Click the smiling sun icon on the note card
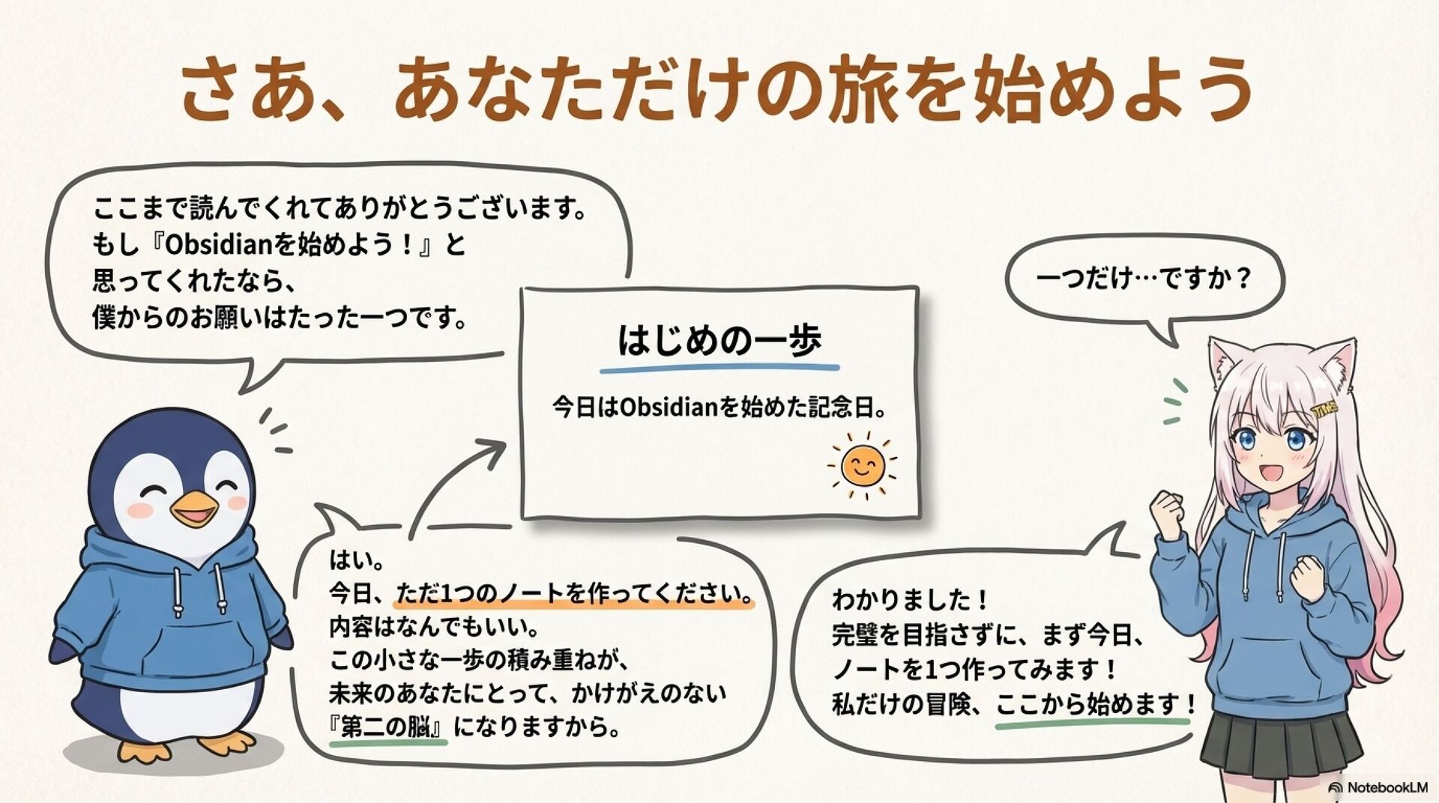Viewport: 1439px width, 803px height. click(x=862, y=466)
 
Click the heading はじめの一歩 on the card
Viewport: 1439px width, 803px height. click(x=719, y=341)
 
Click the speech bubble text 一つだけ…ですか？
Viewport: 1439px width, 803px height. click(x=1144, y=279)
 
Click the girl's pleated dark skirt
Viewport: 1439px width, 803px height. click(x=1282, y=742)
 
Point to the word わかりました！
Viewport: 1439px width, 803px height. click(x=911, y=599)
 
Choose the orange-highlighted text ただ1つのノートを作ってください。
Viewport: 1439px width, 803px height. click(x=574, y=593)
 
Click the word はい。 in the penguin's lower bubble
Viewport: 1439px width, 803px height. click(x=357, y=560)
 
